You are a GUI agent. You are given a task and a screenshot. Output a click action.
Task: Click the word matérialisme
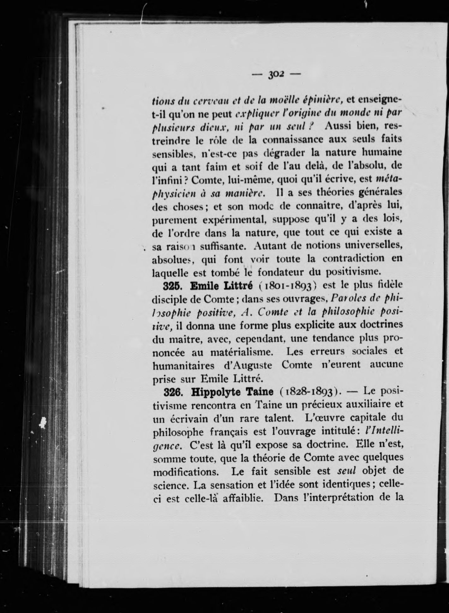tap(242, 352)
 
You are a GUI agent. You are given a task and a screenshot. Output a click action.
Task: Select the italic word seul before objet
tap(346, 471)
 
